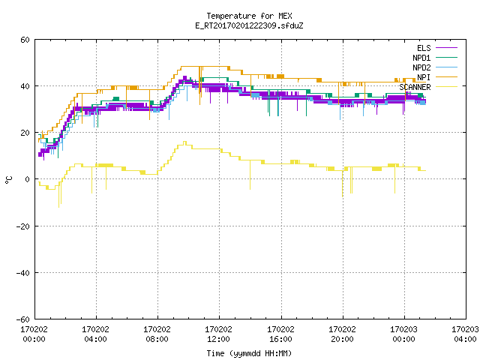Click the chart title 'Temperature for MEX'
pyautogui.click(x=249, y=16)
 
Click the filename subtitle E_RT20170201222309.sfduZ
pyautogui.click(x=249, y=25)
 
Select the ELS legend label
pyautogui.click(x=424, y=48)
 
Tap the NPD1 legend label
pyautogui.click(x=421, y=58)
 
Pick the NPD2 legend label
pyautogui.click(x=421, y=67)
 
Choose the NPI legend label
pyautogui.click(x=424, y=77)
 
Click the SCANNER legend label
pyautogui.click(x=415, y=87)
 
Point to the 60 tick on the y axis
pyautogui.click(x=25, y=40)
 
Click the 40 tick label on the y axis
pyautogui.click(x=25, y=86)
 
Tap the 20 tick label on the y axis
pyautogui.click(x=25, y=133)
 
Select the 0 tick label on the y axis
pyautogui.click(x=27, y=179)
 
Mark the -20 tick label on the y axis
pyautogui.click(x=23, y=226)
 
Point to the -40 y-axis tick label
pyautogui.click(x=23, y=273)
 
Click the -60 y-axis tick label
pyautogui.click(x=23, y=319)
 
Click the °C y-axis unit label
pyautogui.click(x=8, y=180)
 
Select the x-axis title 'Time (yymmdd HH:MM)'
pyautogui.click(x=249, y=353)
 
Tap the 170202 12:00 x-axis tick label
pyautogui.click(x=218, y=334)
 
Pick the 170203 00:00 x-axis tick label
pyautogui.click(x=403, y=334)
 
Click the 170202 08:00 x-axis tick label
pyautogui.click(x=157, y=334)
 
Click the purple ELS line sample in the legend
pyautogui.click(x=446, y=48)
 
